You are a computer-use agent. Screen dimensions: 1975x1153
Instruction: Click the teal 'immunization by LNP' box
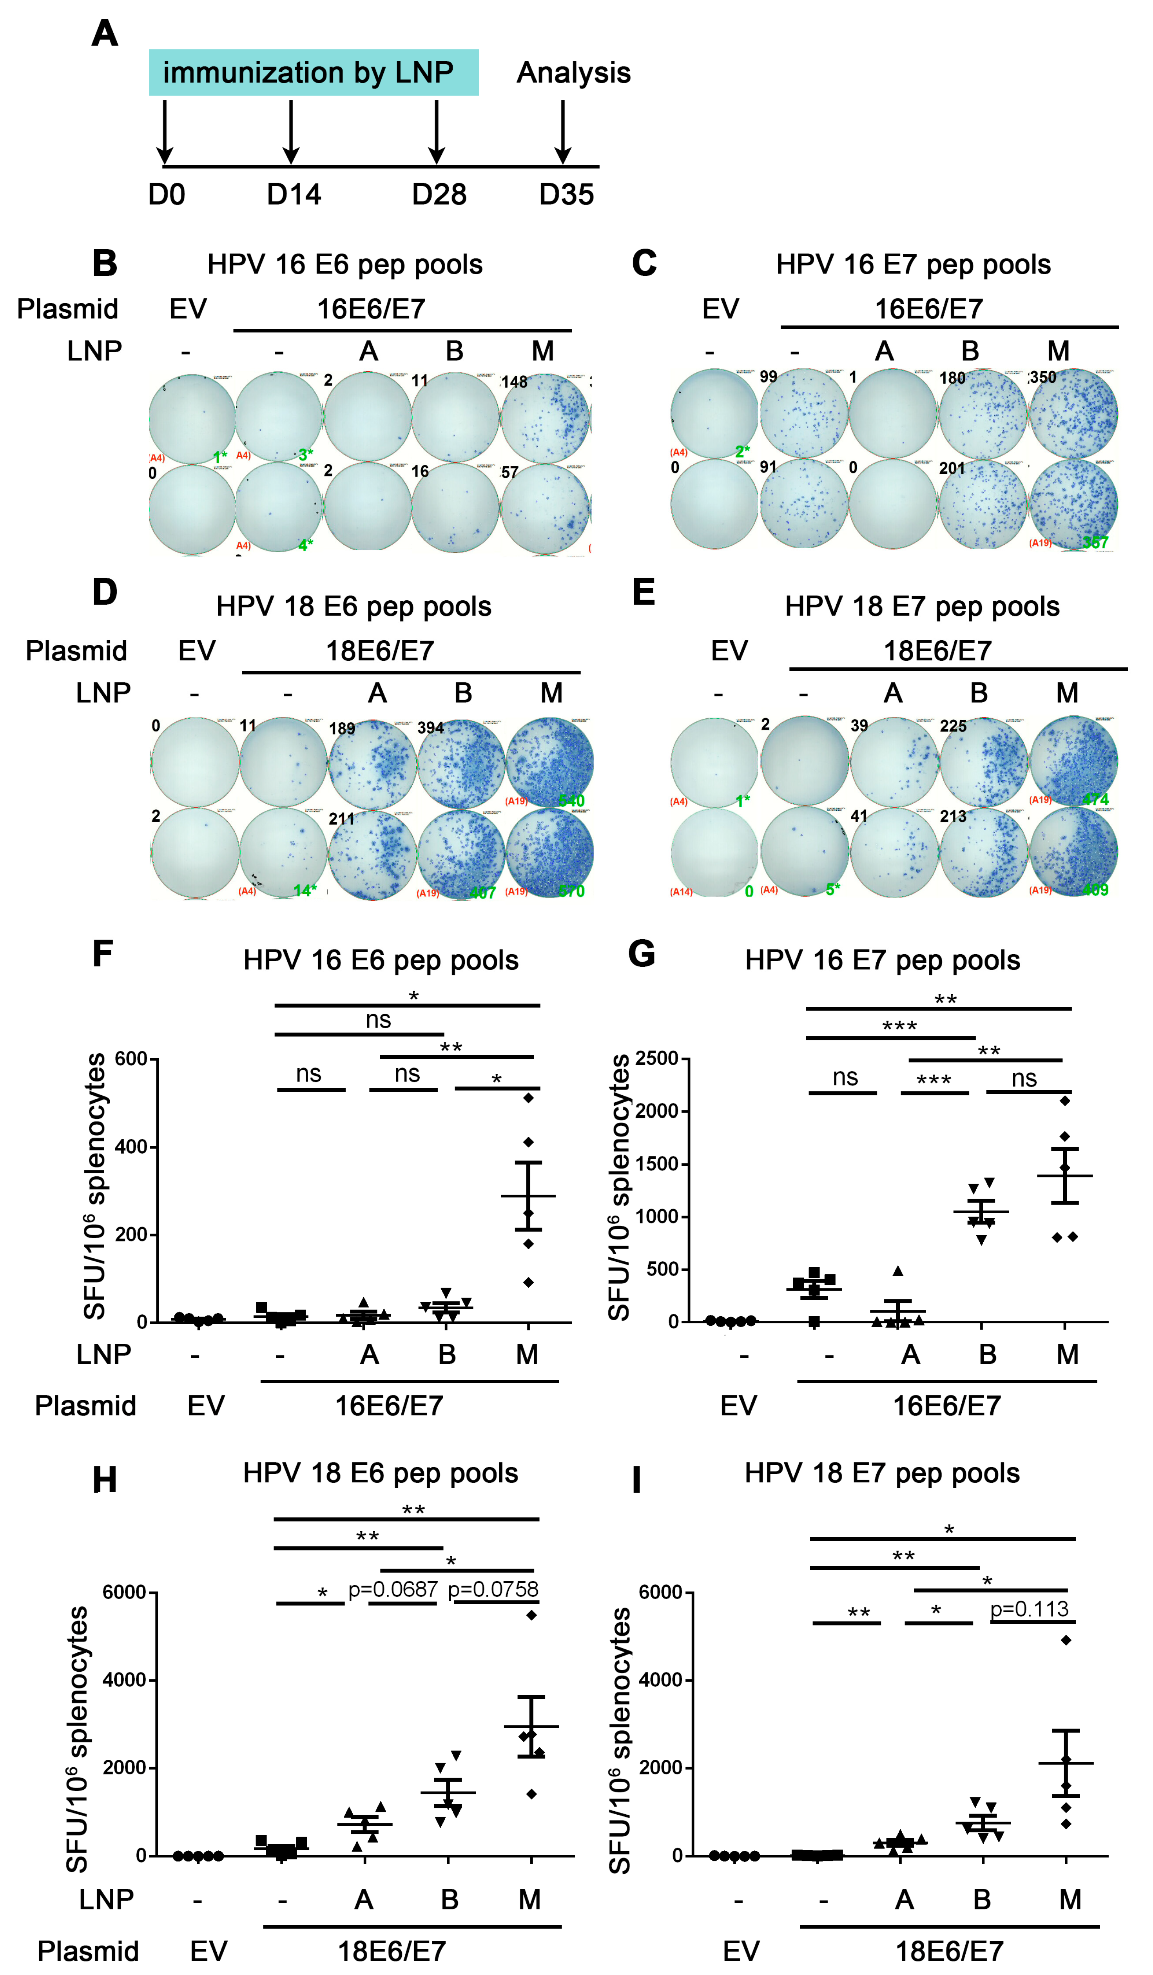coord(314,72)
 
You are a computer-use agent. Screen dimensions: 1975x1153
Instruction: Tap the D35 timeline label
coord(566,194)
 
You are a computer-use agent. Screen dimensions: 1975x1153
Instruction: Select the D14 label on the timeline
coord(294,194)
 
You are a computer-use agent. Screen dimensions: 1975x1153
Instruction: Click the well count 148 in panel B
coord(514,382)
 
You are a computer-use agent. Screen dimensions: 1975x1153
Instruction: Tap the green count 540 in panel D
coord(571,800)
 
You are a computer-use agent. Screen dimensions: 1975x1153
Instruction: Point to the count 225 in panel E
coord(953,726)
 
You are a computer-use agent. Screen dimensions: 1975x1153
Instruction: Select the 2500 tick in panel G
coord(657,1059)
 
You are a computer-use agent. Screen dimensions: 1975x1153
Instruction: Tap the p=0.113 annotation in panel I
coord(1029,1609)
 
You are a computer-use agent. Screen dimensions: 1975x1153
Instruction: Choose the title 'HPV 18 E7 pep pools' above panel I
coord(882,1473)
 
